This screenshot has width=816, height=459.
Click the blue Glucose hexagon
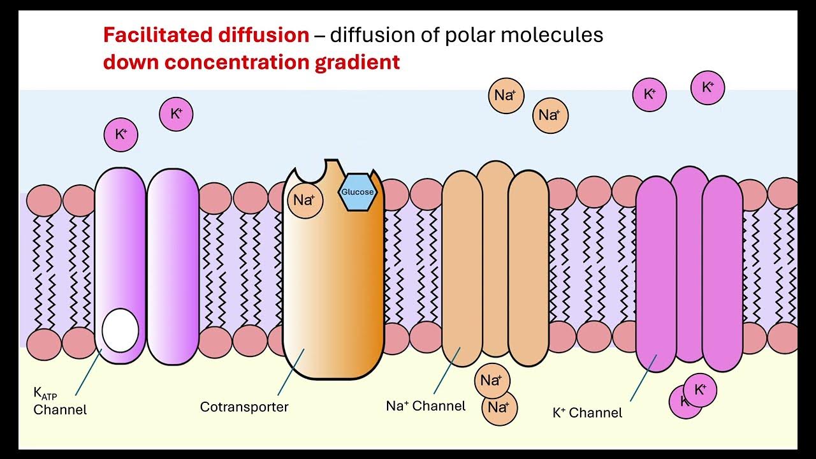357,193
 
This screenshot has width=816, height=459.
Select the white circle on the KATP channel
120,330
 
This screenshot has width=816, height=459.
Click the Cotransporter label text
244,407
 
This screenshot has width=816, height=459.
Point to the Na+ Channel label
426,405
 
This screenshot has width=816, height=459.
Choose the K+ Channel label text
587,412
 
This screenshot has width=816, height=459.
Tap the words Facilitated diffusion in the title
206,35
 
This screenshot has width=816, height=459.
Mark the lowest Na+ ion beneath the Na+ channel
499,407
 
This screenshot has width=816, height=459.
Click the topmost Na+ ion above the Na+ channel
505,96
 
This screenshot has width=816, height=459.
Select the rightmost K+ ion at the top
707,88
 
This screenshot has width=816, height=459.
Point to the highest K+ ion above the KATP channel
176,115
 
